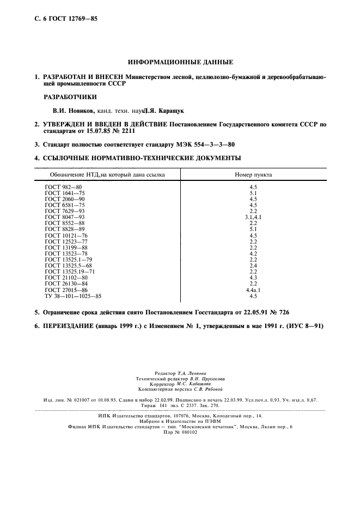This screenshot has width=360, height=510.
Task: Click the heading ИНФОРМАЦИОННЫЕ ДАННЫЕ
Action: (x=180, y=62)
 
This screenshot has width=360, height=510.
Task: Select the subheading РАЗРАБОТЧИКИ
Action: (x=70, y=97)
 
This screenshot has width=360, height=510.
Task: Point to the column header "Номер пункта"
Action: (x=253, y=175)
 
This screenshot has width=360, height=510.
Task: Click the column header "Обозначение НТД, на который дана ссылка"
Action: (x=107, y=175)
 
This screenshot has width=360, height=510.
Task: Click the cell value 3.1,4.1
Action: (x=253, y=217)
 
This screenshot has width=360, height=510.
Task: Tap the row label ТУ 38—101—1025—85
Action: (x=73, y=296)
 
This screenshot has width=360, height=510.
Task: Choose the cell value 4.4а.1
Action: (x=253, y=290)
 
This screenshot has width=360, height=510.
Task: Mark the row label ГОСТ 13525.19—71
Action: (x=70, y=271)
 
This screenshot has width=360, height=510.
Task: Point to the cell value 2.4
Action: (x=253, y=265)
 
